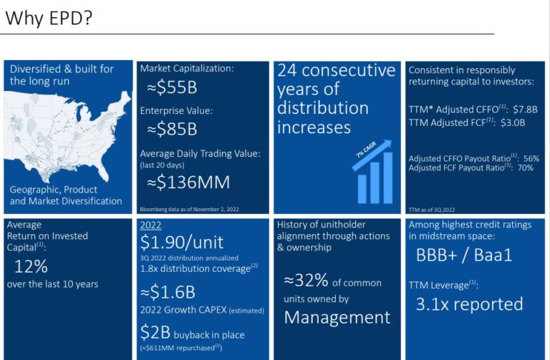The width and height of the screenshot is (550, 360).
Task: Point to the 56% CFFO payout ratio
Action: click(x=531, y=158)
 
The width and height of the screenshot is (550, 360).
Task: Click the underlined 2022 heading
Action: click(x=151, y=225)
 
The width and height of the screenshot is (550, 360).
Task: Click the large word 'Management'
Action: click(x=337, y=317)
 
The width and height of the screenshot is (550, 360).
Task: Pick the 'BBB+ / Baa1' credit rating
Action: click(x=464, y=256)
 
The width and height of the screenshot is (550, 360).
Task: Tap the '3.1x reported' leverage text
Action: click(x=469, y=303)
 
